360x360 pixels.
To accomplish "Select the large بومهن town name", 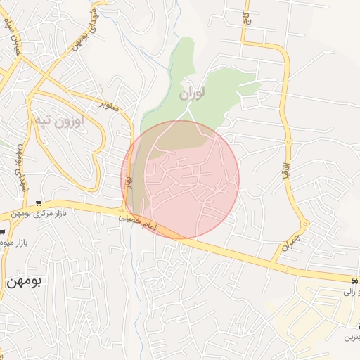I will coord(22,281).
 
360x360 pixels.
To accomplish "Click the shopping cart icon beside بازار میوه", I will coord(2,233).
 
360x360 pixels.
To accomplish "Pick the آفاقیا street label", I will coord(287,172).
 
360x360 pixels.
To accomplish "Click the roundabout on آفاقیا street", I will coord(288,143).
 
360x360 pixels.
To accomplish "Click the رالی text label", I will coord(352,290).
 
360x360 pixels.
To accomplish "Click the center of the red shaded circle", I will coord(180,179).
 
